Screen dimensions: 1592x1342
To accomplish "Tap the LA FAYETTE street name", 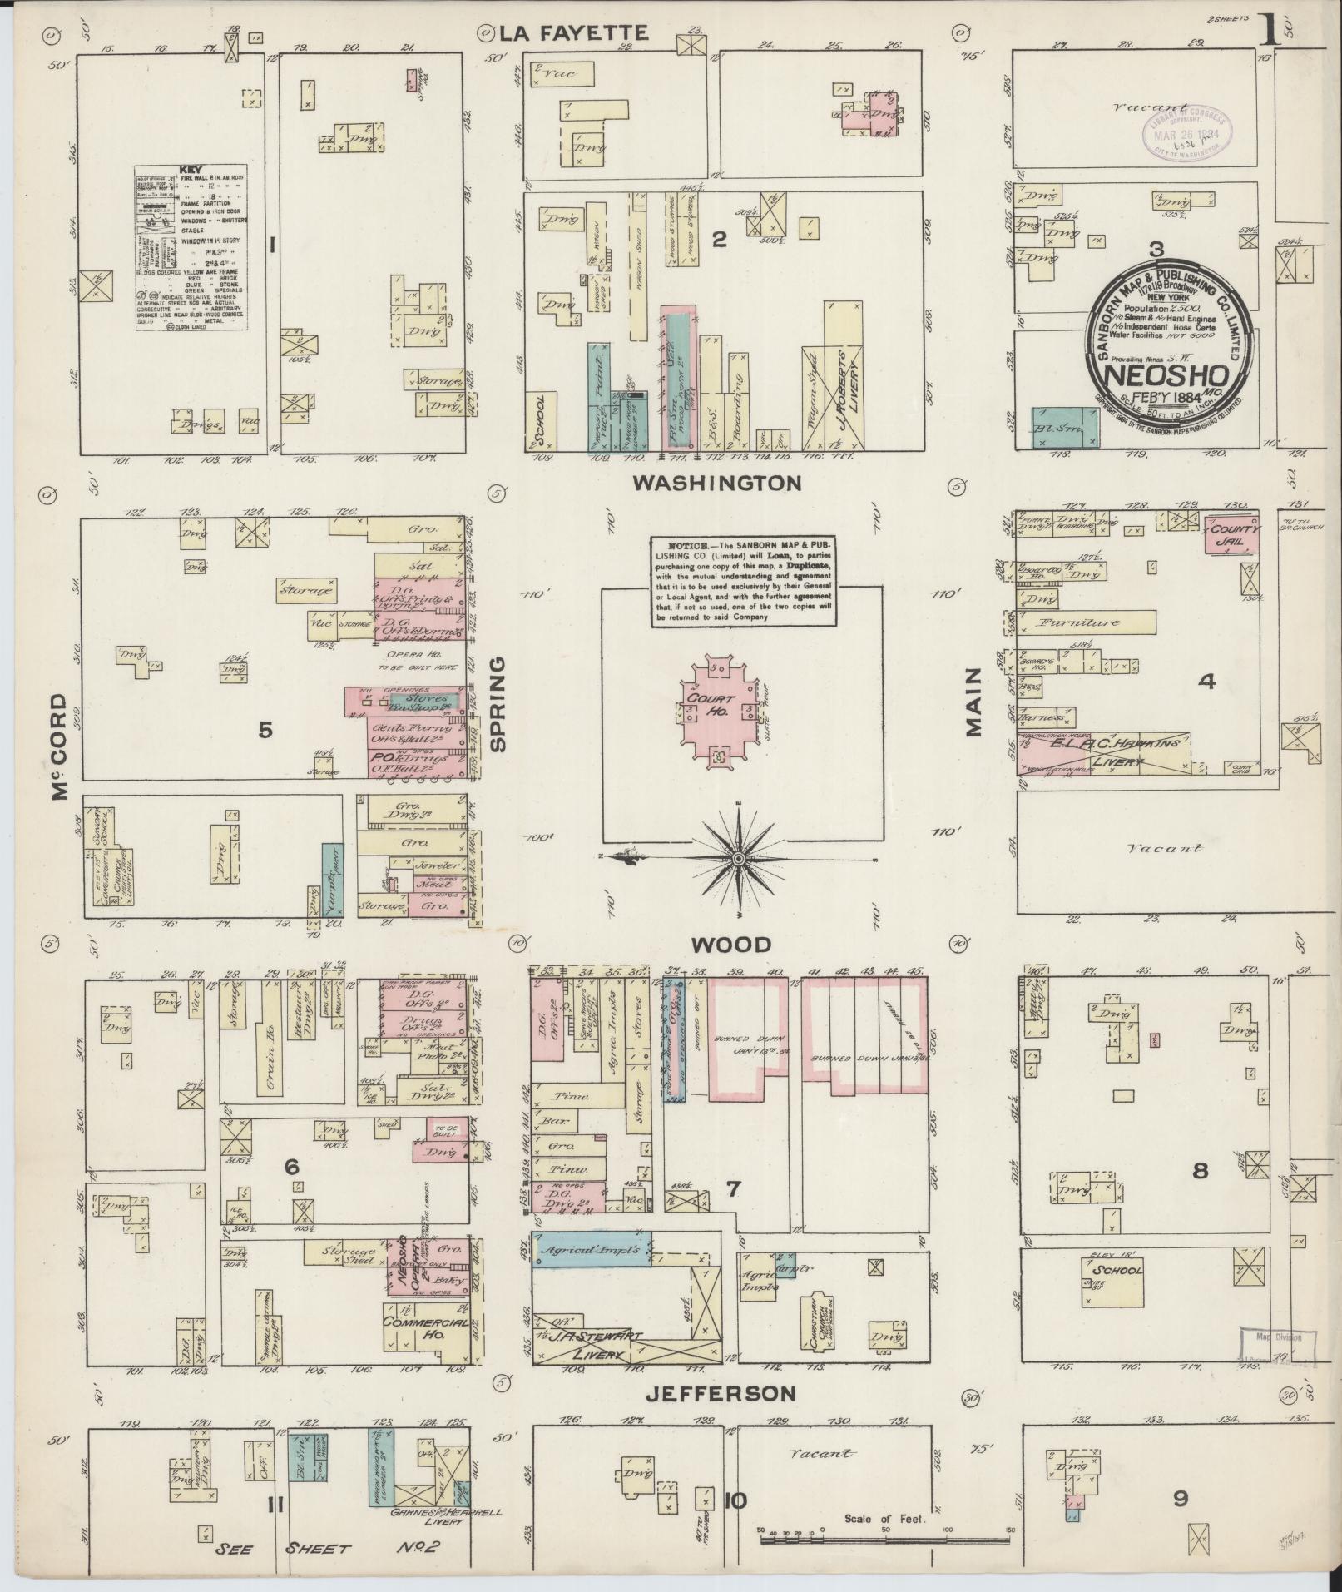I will point(574,33).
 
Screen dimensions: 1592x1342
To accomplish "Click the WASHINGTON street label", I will point(717,483).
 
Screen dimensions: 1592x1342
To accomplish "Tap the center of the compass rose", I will point(738,858).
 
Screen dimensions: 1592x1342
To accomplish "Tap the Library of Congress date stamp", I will point(1183,130).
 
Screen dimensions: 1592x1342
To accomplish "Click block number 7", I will point(732,1190).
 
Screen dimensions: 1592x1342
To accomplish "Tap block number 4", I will point(1206,682).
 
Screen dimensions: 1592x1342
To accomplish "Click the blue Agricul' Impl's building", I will point(590,1250).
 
